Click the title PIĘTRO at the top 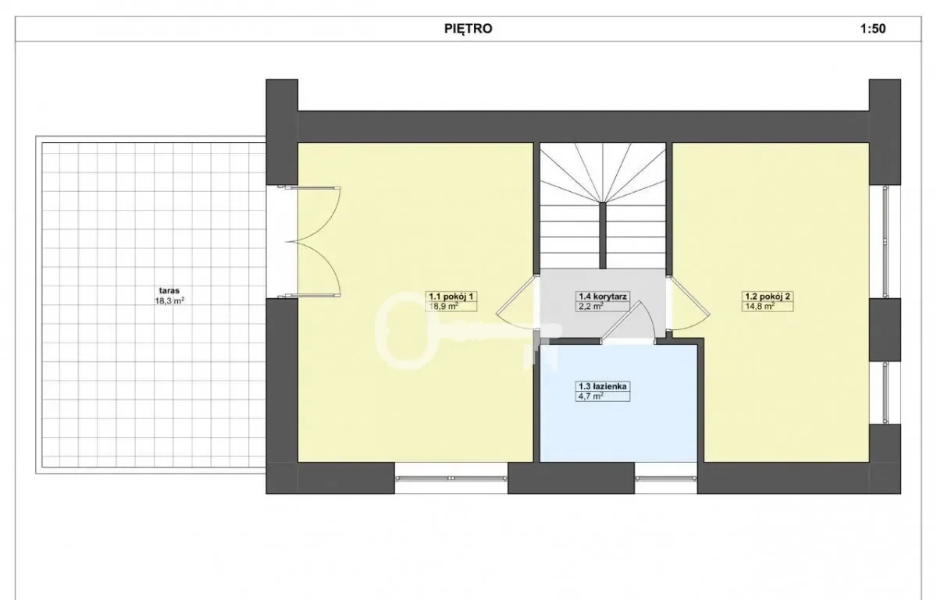pos(468,28)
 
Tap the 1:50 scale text pos(873,28)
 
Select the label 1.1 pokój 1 pos(451,296)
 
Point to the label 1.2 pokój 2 pos(768,296)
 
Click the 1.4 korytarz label pos(602,296)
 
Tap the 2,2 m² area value pos(590,307)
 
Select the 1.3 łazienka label pos(602,386)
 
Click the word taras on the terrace pos(169,290)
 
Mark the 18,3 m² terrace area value pos(170,300)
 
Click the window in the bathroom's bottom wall pos(666,478)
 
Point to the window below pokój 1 pos(451,478)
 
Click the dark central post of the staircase pos(603,236)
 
